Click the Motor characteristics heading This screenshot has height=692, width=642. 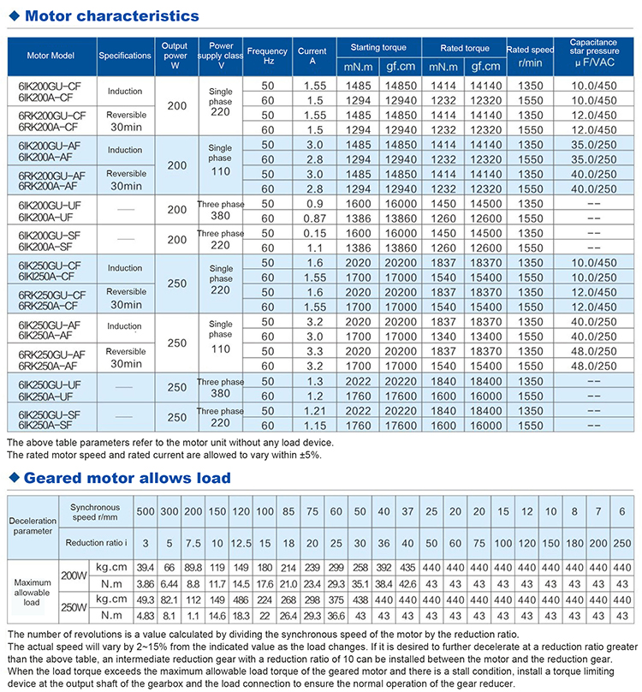coord(112,15)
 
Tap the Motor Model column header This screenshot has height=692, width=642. coord(51,56)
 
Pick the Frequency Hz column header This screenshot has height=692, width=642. coord(268,56)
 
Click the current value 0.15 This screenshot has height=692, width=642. coord(312,234)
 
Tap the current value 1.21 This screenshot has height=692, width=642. coord(312,412)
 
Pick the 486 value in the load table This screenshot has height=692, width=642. coord(241,600)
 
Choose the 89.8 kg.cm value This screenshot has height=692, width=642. coord(193,567)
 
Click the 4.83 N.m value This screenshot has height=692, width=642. coord(146,614)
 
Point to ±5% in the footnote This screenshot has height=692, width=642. coord(307,455)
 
